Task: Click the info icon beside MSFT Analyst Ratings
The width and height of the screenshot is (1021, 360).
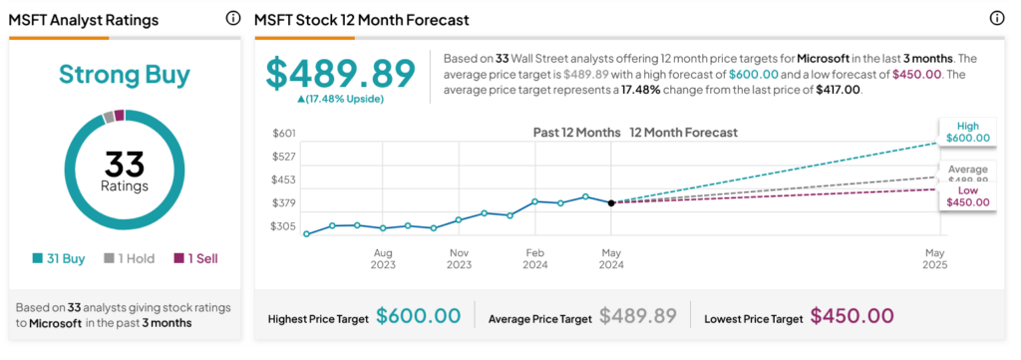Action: pos(233,19)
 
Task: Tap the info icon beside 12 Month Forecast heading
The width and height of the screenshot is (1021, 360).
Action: pos(997,19)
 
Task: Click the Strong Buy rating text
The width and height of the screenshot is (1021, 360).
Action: pos(125,75)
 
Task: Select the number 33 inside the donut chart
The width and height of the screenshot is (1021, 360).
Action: pos(125,164)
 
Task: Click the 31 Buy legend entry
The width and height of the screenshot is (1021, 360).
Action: pos(59,258)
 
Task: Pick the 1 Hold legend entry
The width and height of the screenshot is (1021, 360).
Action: pos(130,258)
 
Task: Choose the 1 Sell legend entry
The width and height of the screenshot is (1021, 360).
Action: pos(195,258)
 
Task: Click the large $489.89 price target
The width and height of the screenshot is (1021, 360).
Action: pos(340,73)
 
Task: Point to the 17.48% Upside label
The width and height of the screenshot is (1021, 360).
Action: pos(341,99)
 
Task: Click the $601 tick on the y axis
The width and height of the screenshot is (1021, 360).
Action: pos(284,134)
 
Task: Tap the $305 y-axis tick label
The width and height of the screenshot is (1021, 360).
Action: pos(284,226)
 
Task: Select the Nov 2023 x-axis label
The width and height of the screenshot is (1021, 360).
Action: pos(459,258)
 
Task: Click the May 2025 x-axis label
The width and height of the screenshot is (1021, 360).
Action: pos(935,258)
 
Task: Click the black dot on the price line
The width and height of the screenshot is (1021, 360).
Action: pos(611,203)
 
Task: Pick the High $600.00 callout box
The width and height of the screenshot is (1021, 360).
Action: pos(967,133)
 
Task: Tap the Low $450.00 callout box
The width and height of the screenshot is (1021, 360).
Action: pos(967,195)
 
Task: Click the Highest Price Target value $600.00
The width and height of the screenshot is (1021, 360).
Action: pos(419,316)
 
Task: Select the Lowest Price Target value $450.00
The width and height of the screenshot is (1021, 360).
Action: pos(851,316)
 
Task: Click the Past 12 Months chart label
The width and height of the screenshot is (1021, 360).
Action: pos(577,133)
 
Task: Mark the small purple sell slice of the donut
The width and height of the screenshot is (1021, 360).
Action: pos(120,116)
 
